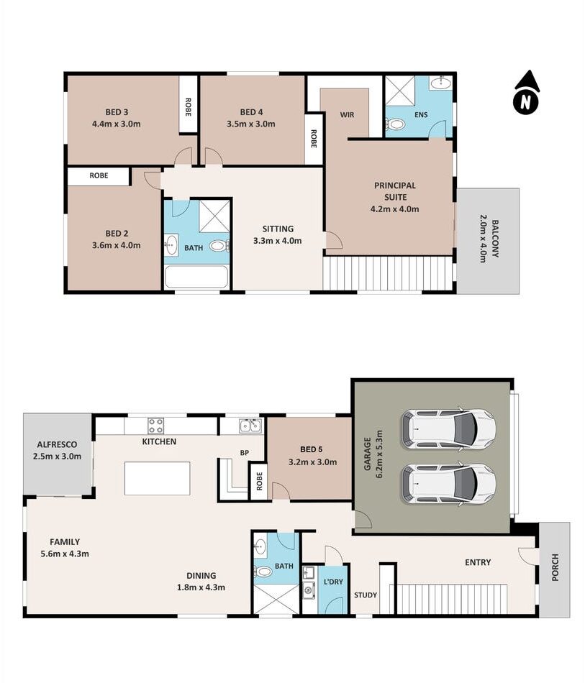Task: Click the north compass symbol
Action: click(x=526, y=93)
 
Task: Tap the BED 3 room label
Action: click(x=117, y=112)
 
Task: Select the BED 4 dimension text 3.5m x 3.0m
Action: click(x=250, y=124)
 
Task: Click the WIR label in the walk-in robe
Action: click(x=347, y=115)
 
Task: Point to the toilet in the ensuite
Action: click(x=395, y=125)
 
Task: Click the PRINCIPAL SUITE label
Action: click(x=395, y=191)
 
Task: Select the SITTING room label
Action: click(x=278, y=229)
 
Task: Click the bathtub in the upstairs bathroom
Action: click(x=196, y=277)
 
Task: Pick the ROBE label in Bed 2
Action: click(x=99, y=175)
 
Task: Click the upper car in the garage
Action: click(x=448, y=429)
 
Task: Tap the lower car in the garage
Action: click(x=448, y=485)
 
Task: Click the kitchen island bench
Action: click(x=158, y=478)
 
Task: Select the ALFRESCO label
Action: click(x=57, y=445)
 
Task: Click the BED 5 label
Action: click(x=312, y=449)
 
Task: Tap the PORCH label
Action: click(x=555, y=567)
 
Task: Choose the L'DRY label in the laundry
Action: click(x=333, y=582)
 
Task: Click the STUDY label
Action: click(x=366, y=595)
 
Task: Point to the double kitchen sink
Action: click(x=250, y=426)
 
